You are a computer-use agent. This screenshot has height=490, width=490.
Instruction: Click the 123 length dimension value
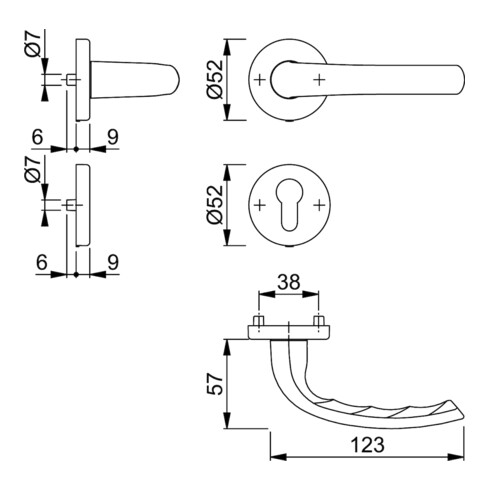368,445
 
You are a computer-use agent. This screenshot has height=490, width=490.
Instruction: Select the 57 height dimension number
215,384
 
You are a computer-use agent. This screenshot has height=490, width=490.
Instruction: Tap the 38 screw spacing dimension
289,282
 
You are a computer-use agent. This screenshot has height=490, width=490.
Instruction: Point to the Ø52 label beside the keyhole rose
214,204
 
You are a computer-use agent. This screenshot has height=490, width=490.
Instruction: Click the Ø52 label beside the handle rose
214,79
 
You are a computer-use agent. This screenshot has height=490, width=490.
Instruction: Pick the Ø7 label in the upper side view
33,45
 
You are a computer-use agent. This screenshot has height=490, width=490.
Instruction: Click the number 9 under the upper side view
113,137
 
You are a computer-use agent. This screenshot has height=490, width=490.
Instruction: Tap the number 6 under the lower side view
42,262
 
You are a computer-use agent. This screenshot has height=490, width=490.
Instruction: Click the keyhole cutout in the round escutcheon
289,204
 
